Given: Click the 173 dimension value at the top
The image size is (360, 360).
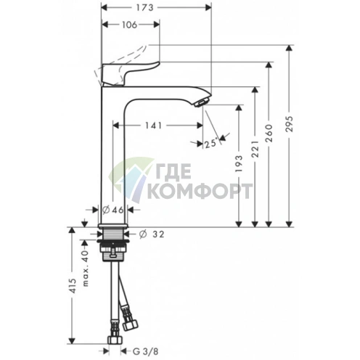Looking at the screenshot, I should (x=156, y=9).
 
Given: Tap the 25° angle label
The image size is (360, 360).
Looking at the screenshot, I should (x=210, y=144).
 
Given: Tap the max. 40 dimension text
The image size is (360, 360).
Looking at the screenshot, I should (x=84, y=258).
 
